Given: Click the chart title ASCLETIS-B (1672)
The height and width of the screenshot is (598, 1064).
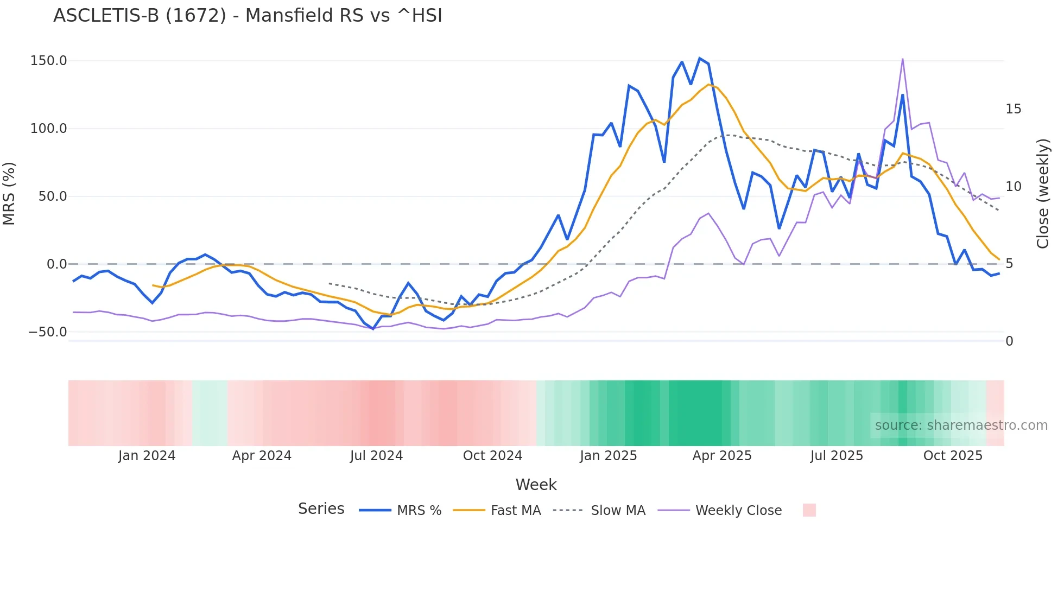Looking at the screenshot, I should [248, 15].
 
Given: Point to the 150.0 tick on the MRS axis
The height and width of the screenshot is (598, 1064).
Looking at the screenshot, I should [49, 60].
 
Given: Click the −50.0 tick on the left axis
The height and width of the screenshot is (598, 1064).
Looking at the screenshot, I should [48, 332].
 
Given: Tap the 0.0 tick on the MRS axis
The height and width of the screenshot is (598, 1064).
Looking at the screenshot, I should [56, 264].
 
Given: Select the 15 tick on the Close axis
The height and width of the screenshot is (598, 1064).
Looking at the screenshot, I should [1013, 109].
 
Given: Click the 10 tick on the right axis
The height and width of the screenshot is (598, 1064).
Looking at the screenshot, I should [1013, 187].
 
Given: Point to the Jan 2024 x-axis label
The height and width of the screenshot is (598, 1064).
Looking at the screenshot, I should [147, 456].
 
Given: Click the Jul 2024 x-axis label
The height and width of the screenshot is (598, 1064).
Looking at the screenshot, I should [376, 456].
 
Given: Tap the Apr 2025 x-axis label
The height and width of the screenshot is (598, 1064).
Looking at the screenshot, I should [721, 456].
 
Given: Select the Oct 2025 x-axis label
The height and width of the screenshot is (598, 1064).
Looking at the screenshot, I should [953, 456].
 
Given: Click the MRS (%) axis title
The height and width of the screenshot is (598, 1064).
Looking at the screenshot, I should [9, 193].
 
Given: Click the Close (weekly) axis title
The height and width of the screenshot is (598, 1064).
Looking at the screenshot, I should [1043, 193].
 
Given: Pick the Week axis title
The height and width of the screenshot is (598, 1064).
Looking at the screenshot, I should [536, 485].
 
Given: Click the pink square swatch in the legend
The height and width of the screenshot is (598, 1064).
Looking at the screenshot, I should [809, 510].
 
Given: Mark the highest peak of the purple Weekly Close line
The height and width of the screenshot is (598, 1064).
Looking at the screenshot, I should [902, 59].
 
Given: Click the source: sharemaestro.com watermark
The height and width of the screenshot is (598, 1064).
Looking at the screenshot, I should [961, 425].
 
